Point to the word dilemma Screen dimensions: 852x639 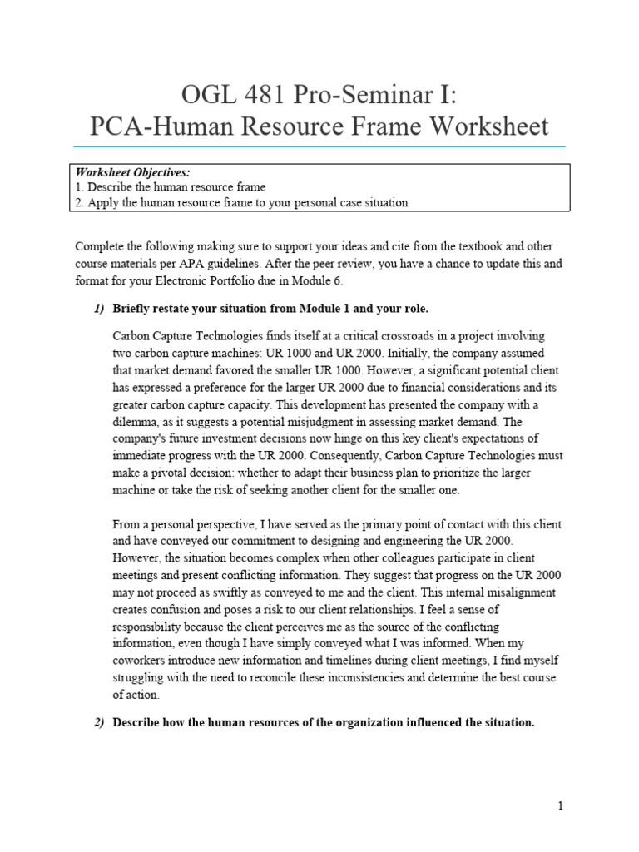coord(137,422)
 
